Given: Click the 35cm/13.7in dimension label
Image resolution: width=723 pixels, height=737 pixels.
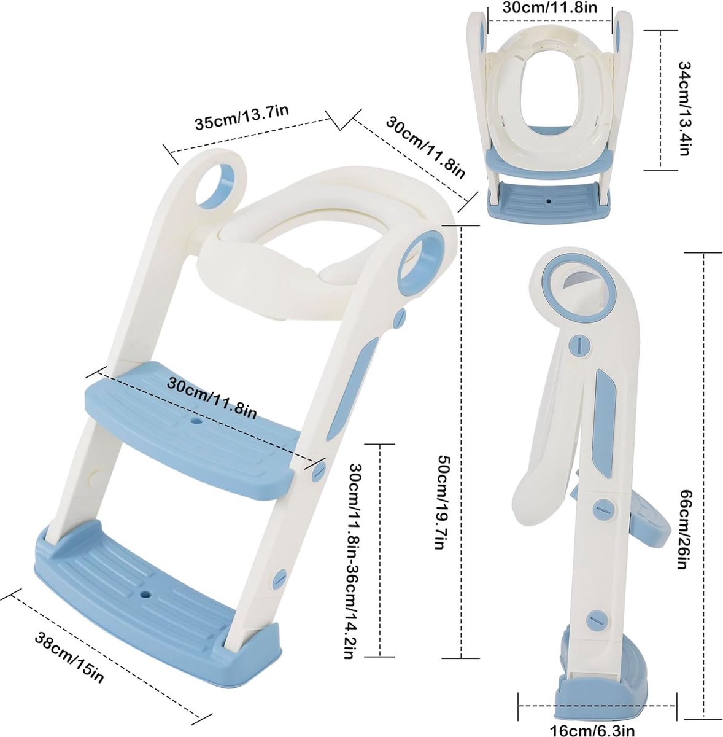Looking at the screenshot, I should click(241, 117).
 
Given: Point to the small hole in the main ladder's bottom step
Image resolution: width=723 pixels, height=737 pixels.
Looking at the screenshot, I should click(145, 595).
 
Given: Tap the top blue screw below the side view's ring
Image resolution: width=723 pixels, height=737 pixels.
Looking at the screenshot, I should click(578, 344).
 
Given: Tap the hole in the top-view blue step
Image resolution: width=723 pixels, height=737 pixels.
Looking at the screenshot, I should click(548, 200).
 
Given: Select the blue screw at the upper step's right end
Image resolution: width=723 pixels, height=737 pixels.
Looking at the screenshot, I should click(319, 471).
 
